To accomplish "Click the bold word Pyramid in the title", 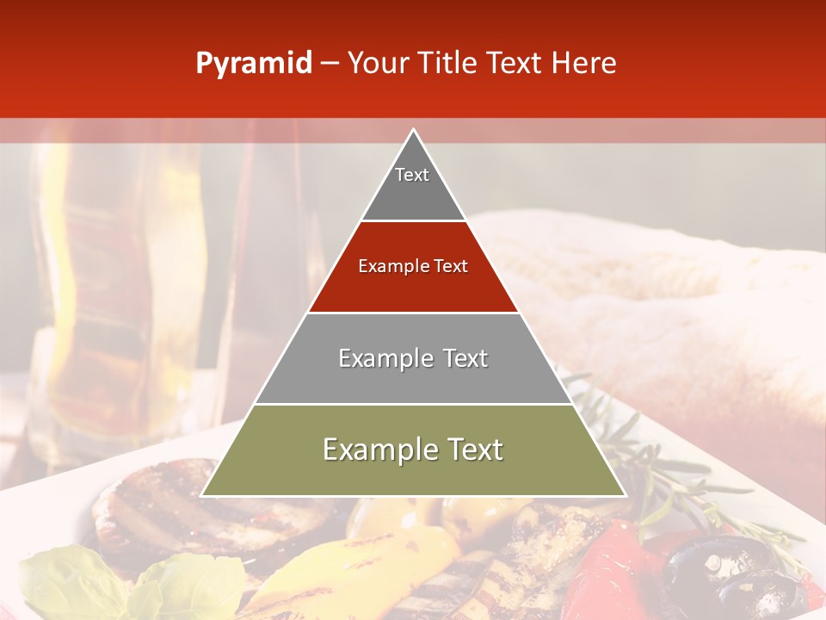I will pos(254,64).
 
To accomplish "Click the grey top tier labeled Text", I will pos(412,185).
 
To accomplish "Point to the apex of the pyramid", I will pos(413,131).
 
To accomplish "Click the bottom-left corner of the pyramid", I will pos(203,495).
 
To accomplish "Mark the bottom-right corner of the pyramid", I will pos(624,495).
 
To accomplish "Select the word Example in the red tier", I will pos(391,267).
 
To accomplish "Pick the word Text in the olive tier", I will pos(470,450).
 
